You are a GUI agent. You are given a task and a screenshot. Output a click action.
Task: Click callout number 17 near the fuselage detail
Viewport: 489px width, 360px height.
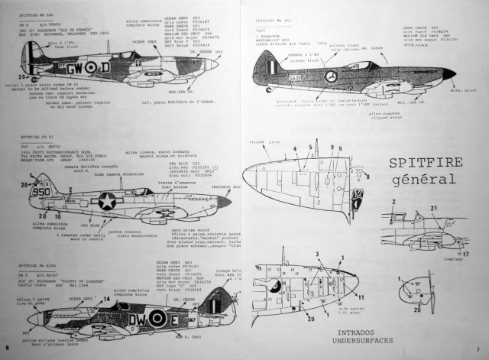(x=465, y=253)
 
